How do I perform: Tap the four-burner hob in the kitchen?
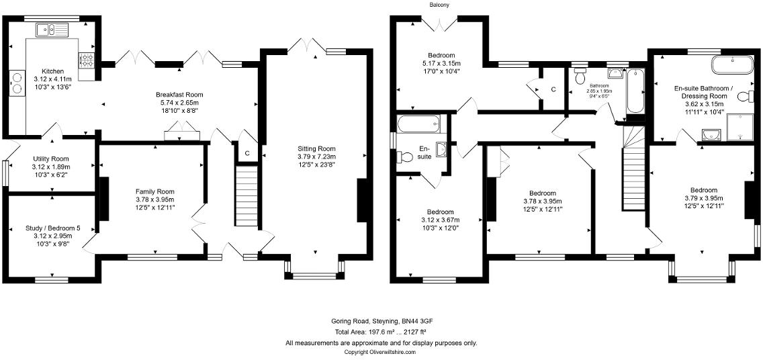pyautogui.click(x=87, y=60)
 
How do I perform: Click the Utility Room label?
pyautogui.click(x=51, y=159)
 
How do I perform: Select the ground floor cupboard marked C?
pyautogui.click(x=247, y=153)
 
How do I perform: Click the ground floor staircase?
pyautogui.click(x=246, y=197)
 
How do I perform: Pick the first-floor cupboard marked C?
pyautogui.click(x=553, y=89)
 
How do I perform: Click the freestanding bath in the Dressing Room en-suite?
pyautogui.click(x=733, y=66)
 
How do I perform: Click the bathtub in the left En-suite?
pyautogui.click(x=418, y=124)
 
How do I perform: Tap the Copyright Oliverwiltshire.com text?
pyautogui.click(x=380, y=352)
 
